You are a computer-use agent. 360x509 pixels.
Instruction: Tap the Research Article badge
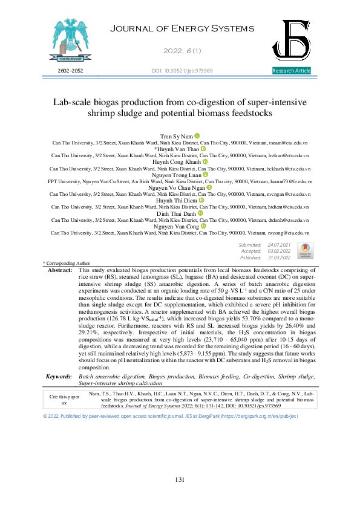coord(292,71)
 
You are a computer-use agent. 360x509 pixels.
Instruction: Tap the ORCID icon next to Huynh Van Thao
coord(203,149)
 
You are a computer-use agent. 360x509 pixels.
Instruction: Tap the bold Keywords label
coord(59,376)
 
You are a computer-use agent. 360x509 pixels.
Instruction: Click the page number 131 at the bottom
coord(180,479)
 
